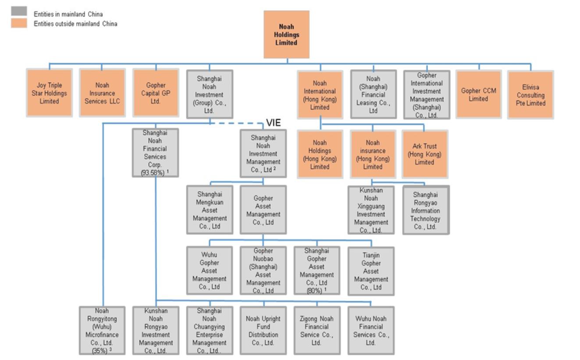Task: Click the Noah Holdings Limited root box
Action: (286, 35)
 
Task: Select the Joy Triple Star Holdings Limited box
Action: (49, 93)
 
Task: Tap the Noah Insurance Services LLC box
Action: (102, 93)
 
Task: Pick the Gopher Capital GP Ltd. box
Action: (156, 93)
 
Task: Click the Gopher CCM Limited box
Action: (478, 94)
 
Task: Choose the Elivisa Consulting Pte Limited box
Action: (530, 95)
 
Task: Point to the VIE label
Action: (274, 122)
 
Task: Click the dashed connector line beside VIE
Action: (237, 124)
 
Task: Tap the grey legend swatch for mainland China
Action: (19, 11)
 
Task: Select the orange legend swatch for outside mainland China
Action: (19, 23)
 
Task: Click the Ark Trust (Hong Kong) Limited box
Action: (425, 154)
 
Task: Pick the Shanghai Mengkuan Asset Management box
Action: (210, 210)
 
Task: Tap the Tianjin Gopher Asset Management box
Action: (371, 271)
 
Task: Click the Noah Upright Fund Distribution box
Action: (263, 331)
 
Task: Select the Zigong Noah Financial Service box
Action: (317, 331)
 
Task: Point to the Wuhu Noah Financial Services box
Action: (371, 331)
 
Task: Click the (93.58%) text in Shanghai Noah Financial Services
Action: (153, 172)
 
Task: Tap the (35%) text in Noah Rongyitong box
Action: (100, 351)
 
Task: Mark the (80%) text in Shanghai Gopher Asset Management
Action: (314, 291)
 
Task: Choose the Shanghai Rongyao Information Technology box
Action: (426, 210)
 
